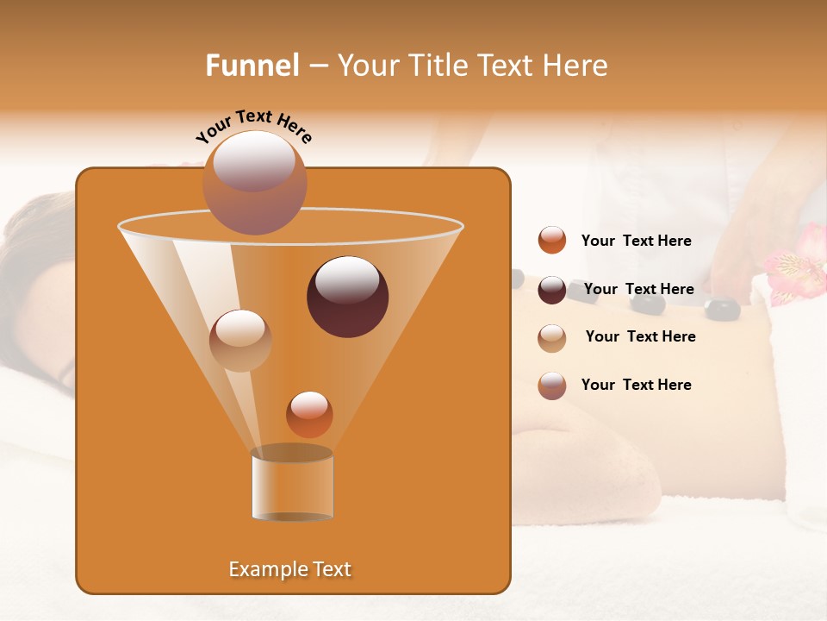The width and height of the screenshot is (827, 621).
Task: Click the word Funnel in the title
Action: pos(252,66)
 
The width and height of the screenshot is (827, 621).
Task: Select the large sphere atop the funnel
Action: pos(254,182)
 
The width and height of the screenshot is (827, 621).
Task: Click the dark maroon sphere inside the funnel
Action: pos(347,297)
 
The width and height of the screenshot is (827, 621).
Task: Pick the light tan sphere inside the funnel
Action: pos(240,340)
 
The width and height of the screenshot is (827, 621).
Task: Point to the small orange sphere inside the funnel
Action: pos(309,414)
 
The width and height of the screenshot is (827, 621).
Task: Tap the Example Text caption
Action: pos(289,569)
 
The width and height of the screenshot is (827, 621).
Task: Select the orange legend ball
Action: pos(552,241)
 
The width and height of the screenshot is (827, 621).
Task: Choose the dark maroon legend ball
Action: pos(552,290)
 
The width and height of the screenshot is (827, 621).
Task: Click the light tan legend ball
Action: pos(552,338)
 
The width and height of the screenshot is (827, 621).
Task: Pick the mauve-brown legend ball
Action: pos(552,386)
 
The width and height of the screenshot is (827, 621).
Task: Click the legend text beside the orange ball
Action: pos(636,241)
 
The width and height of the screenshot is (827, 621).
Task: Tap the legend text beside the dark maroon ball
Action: pos(638,290)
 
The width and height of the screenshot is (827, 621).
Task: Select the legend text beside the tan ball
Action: pos(640,337)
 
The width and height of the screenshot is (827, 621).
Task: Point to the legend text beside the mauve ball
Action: pos(636,386)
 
